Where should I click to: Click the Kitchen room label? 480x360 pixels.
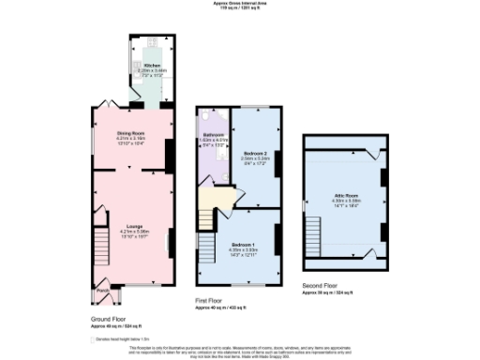point(152,67)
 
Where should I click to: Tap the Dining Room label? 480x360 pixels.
point(129,135)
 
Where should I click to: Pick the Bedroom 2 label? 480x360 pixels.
point(256,153)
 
